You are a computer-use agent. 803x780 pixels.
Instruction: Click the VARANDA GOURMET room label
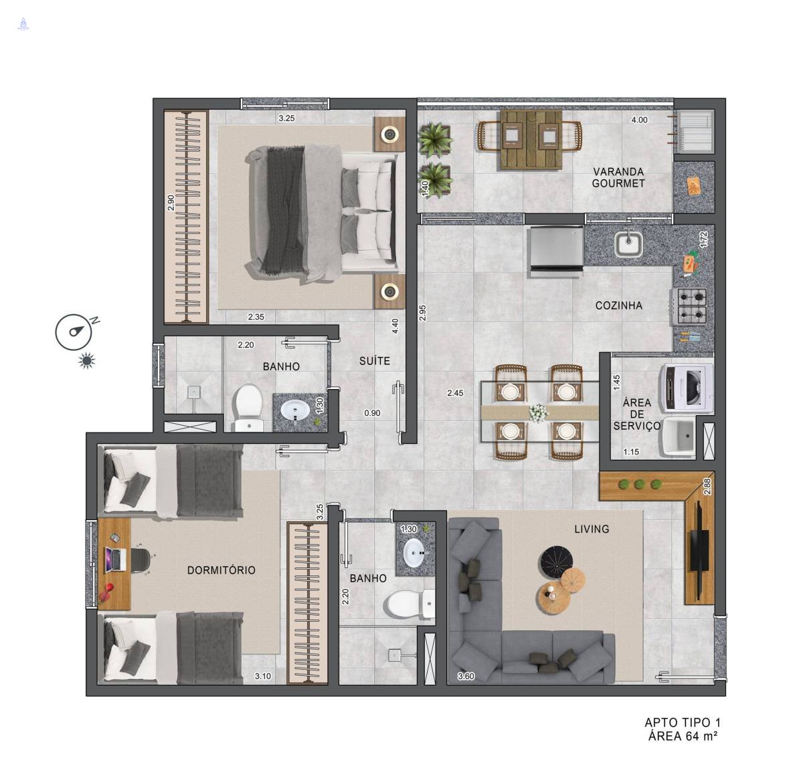point(618,177)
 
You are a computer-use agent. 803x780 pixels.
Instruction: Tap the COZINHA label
point(618,305)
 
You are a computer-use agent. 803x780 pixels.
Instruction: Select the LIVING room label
point(592,529)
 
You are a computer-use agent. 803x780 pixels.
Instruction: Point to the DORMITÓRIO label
point(221,570)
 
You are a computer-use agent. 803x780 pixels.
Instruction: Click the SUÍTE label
point(375,361)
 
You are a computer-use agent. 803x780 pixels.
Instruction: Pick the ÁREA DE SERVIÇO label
point(637,414)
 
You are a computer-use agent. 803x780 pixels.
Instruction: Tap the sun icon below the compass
point(86,361)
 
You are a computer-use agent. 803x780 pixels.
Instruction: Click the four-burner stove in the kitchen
point(691,305)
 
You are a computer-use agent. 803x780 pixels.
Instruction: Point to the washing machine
point(686,388)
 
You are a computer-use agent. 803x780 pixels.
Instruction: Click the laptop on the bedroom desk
point(116,560)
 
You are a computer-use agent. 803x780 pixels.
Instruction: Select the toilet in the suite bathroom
point(248,407)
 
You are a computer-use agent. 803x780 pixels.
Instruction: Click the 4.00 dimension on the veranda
point(639,120)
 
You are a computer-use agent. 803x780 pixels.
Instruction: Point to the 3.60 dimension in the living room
point(466,676)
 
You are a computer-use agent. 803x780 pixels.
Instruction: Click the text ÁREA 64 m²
point(683,736)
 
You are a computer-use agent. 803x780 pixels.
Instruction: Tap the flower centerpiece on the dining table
point(539,412)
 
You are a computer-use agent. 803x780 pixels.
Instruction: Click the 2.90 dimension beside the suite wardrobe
point(171,203)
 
